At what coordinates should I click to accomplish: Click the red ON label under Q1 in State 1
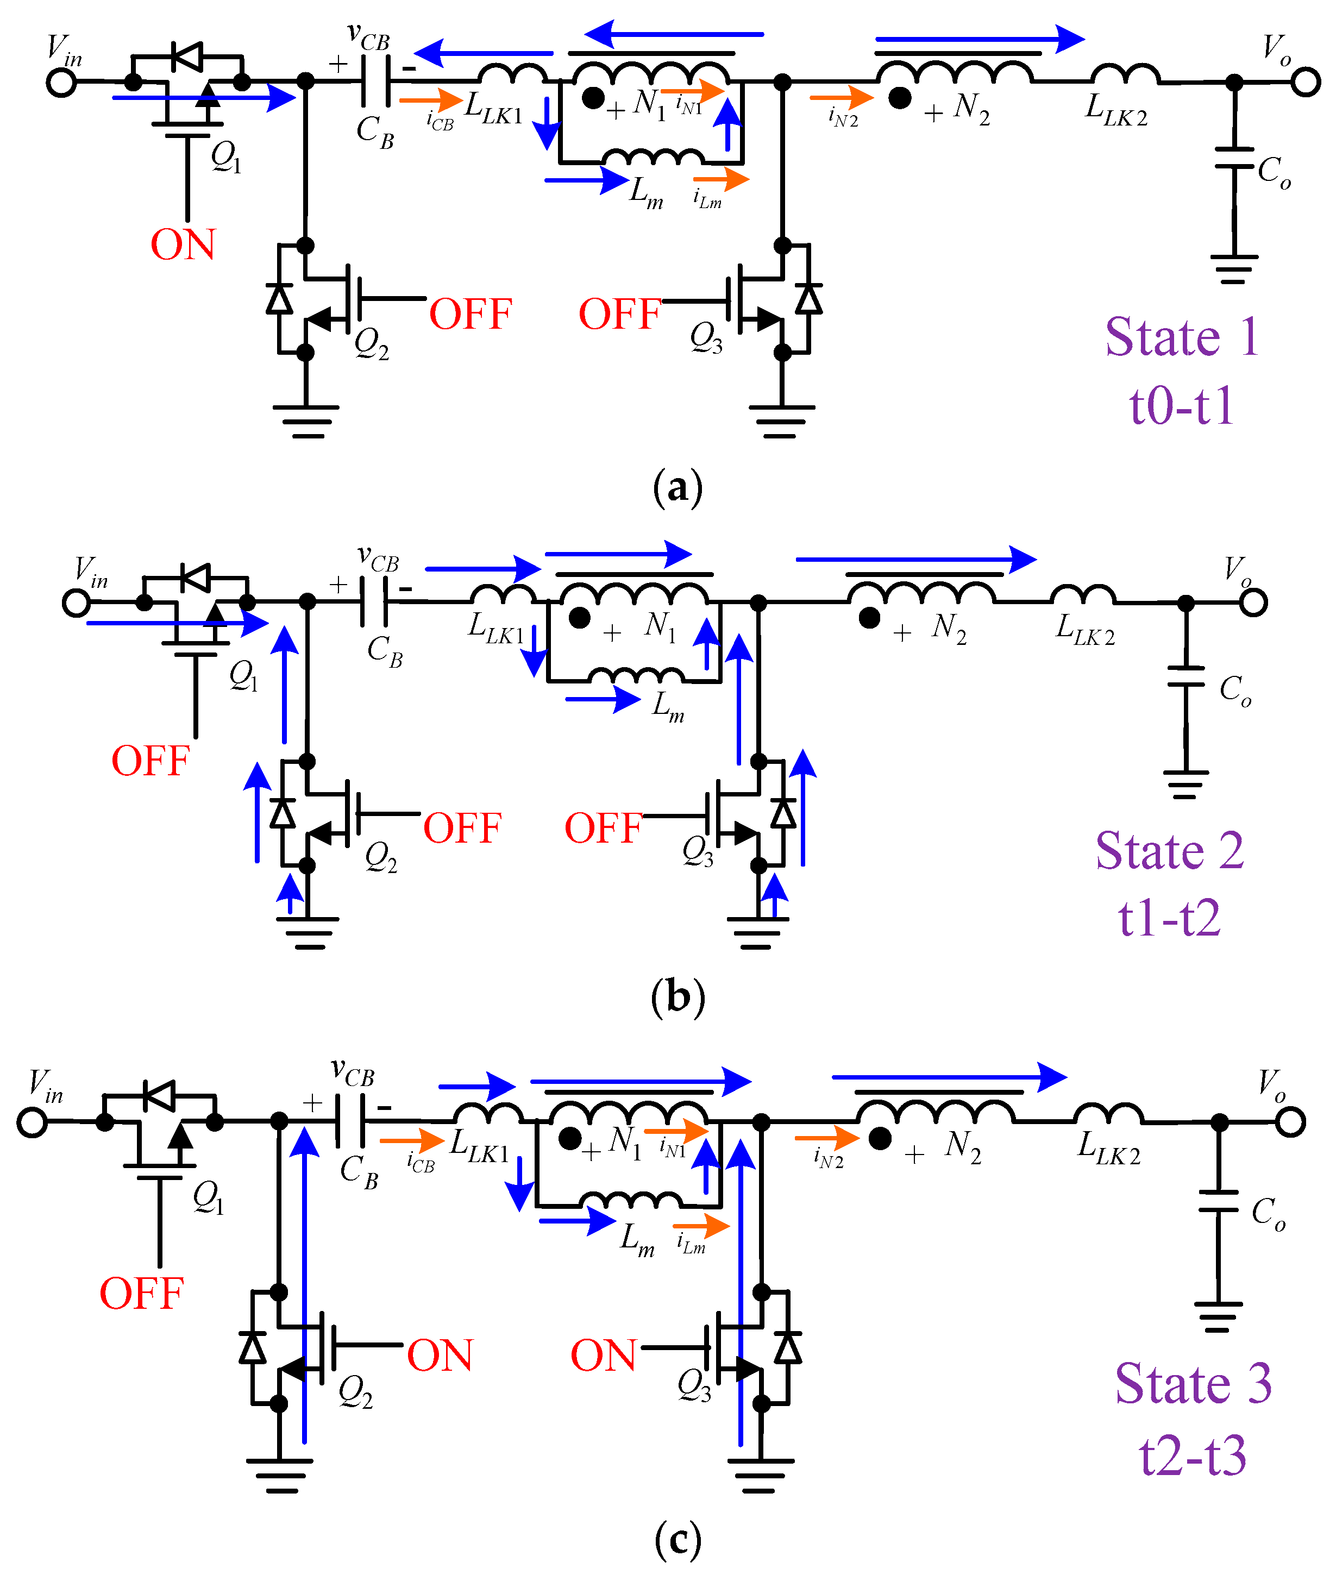(183, 244)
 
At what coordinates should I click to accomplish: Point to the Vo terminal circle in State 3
(1290, 1122)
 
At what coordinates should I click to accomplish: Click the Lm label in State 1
(646, 193)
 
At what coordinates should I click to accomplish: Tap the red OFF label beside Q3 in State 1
(619, 314)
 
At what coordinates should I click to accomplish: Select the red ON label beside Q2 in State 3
(440, 1356)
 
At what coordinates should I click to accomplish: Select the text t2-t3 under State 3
(1193, 1457)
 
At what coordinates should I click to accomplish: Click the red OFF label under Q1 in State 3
(142, 1293)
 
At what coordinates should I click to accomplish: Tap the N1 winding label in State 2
(661, 627)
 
